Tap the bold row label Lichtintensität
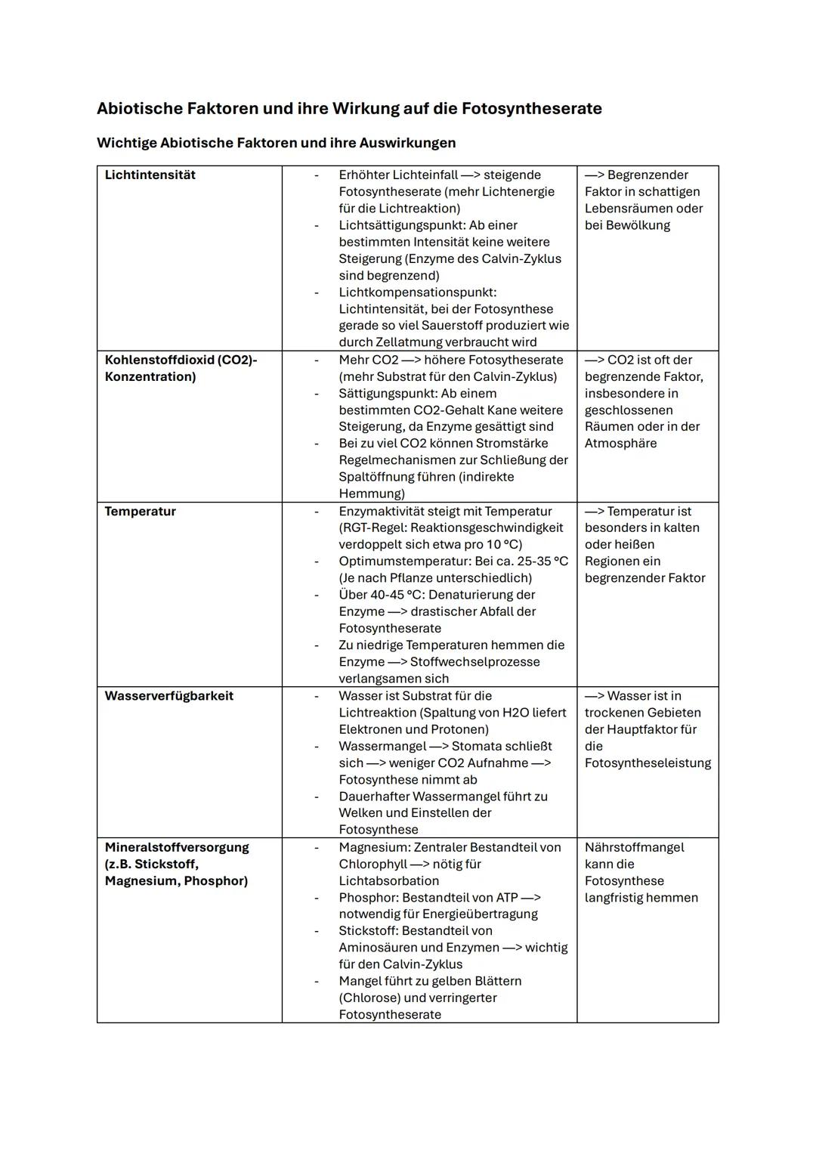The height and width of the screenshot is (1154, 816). (150, 175)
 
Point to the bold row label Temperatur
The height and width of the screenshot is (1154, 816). (140, 512)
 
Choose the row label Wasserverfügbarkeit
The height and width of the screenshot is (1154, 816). (168, 696)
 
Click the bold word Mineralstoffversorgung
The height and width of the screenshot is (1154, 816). (177, 847)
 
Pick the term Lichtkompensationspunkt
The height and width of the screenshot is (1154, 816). (417, 292)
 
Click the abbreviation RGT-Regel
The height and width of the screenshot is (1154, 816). (370, 528)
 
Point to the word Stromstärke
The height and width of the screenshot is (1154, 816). (512, 444)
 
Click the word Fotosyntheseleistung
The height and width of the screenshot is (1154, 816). (648, 763)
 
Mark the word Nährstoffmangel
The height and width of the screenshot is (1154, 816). (634, 847)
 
